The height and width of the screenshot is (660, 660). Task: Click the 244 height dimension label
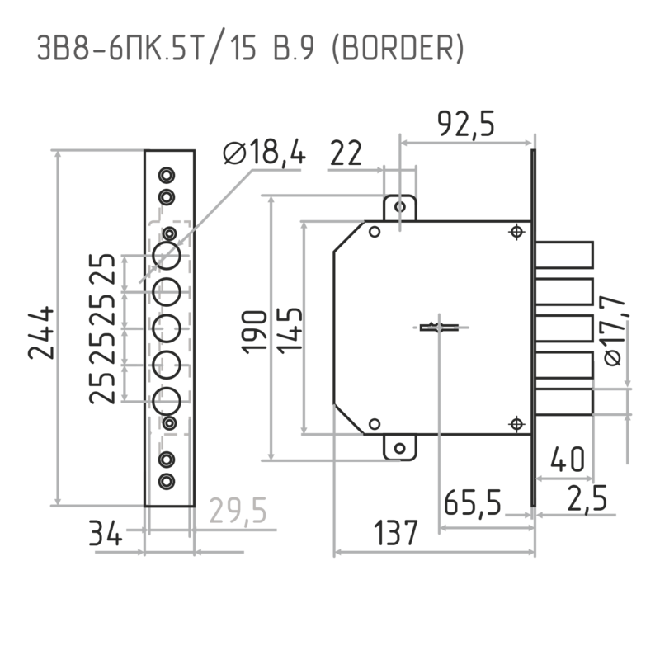pos(41,333)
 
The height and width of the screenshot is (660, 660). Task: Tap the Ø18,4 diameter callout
pos(264,152)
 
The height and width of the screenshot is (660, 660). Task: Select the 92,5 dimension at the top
pos(466,124)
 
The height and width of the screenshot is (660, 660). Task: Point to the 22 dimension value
pos(346,153)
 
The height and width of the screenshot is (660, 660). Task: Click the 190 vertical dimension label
pos(254,331)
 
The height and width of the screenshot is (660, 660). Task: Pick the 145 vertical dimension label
pos(290,330)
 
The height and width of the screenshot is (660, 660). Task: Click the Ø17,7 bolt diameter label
pos(613,331)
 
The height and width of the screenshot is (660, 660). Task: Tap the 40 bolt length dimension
pos(568,459)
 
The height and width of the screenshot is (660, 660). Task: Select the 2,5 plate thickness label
pos(587,498)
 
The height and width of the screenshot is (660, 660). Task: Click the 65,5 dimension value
pos(472,502)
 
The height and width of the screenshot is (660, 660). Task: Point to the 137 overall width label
pos(396,532)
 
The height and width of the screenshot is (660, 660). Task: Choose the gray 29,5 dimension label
pos(238,510)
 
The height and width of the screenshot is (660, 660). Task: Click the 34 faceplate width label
pos(106,533)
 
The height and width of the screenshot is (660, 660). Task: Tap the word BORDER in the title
pos(398,47)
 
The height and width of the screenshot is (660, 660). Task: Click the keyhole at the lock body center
pos(439,327)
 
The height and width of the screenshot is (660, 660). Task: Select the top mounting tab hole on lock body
pos(400,207)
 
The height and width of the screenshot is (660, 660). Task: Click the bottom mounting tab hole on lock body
pos(400,448)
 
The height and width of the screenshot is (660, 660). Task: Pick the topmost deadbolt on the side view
pos(564,255)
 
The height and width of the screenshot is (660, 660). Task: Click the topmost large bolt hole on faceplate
pos(167,256)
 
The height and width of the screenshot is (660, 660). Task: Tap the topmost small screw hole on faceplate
pos(167,175)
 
